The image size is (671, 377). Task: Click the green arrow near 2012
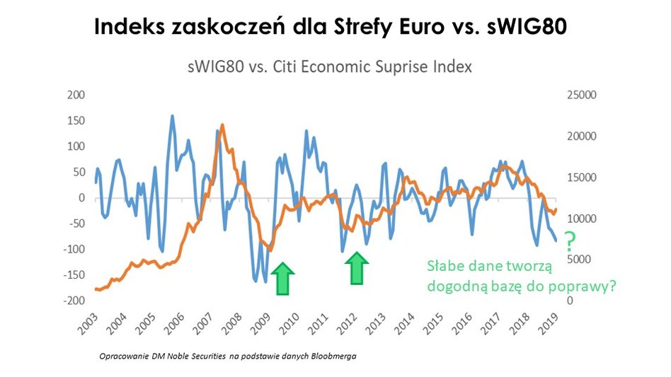pyautogui.click(x=357, y=269)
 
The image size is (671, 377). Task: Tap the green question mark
pyautogui.click(x=568, y=239)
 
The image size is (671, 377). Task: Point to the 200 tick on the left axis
pyautogui.click(x=75, y=95)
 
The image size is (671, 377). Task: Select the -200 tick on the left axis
pyautogui.click(x=74, y=301)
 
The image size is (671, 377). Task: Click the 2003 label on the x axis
pyautogui.click(x=89, y=323)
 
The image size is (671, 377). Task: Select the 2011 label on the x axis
pyautogui.click(x=320, y=323)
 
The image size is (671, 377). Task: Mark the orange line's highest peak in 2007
pyautogui.click(x=223, y=126)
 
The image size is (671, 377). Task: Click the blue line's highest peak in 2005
pyautogui.click(x=172, y=116)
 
